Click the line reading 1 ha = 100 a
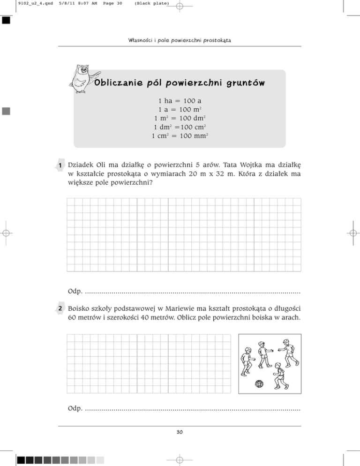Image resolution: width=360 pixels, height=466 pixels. (180, 101)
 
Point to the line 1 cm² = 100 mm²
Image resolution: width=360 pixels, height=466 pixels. (180, 136)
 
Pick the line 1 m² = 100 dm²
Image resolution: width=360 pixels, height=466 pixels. (180, 119)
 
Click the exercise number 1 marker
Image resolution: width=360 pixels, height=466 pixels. (61, 165)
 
